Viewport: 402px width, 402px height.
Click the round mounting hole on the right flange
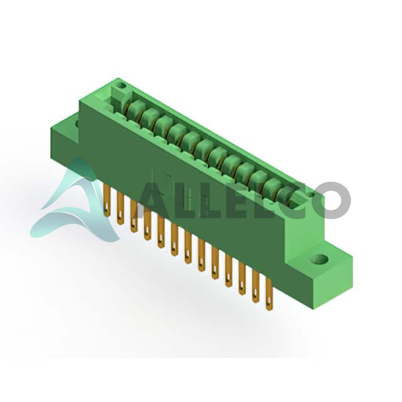coord(319,259)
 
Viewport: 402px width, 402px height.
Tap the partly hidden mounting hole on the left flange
coord(77,123)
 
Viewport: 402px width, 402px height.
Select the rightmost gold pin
coord(269,295)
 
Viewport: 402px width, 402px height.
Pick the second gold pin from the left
coord(120,208)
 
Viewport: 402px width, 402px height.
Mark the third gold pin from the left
coord(133,216)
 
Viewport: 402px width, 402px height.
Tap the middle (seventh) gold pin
coord(188,247)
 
